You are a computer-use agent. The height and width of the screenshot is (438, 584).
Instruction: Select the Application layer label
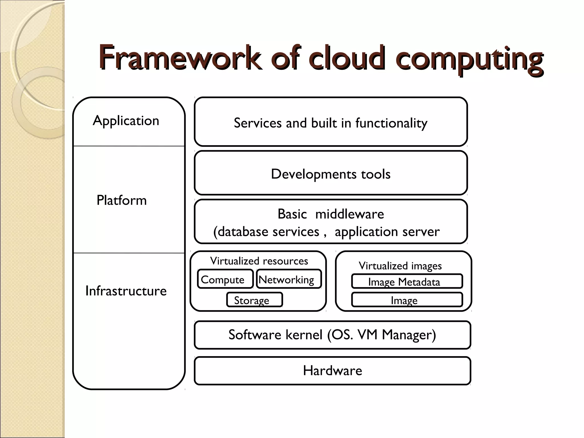click(x=126, y=121)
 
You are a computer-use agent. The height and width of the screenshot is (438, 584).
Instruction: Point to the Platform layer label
click(x=121, y=200)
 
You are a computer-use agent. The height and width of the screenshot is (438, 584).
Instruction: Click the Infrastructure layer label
click(x=126, y=291)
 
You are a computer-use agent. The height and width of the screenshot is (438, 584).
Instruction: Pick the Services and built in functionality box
click(x=330, y=123)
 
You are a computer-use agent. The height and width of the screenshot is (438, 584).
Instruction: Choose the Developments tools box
click(x=330, y=174)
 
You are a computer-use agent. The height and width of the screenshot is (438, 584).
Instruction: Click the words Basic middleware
click(x=330, y=214)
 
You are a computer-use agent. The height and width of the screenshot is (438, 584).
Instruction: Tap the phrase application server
click(x=387, y=232)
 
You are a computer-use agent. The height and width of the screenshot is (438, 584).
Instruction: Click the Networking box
click(x=289, y=279)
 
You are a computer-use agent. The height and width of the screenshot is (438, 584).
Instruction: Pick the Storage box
click(x=254, y=300)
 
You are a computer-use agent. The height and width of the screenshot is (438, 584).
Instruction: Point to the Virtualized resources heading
click(x=259, y=261)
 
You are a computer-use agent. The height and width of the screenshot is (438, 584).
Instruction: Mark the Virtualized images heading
click(x=400, y=265)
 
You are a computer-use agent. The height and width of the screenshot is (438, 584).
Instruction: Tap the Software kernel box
click(x=332, y=335)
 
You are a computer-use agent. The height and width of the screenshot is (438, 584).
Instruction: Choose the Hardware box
click(x=332, y=370)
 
